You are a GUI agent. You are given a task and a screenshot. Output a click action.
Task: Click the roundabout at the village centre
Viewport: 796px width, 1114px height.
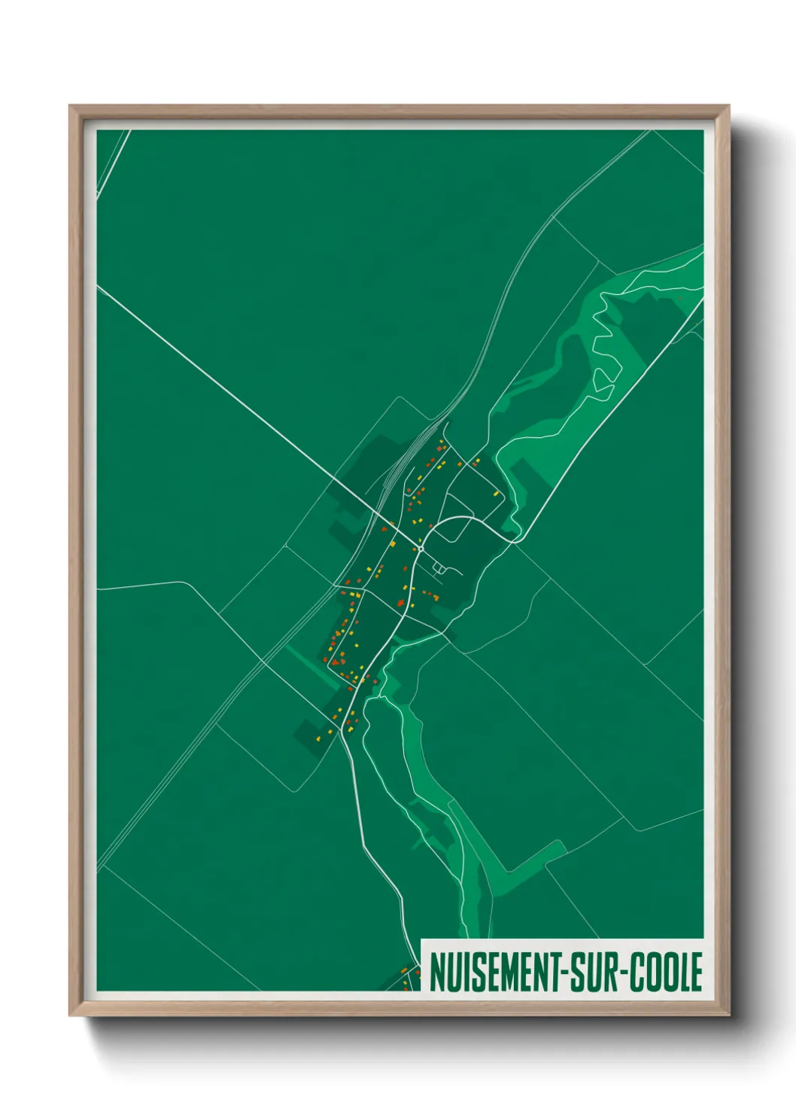pos(421,549)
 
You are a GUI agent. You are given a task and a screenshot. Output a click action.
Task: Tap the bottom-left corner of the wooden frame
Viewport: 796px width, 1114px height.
pos(71,1014)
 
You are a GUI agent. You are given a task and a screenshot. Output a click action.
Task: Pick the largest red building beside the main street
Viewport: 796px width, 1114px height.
pos(400,603)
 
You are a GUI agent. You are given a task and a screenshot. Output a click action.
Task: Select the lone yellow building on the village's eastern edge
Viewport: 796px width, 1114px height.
pos(497,494)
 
